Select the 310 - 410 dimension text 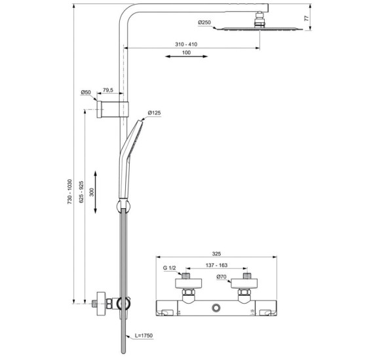coord(186,43)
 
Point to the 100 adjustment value coord(186,52)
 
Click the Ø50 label coord(85,92)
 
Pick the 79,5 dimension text coord(108,90)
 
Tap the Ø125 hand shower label coord(154,113)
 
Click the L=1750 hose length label coord(143,335)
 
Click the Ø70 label coord(221,278)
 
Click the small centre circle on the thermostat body coord(216,306)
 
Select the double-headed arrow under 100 coord(186,59)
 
